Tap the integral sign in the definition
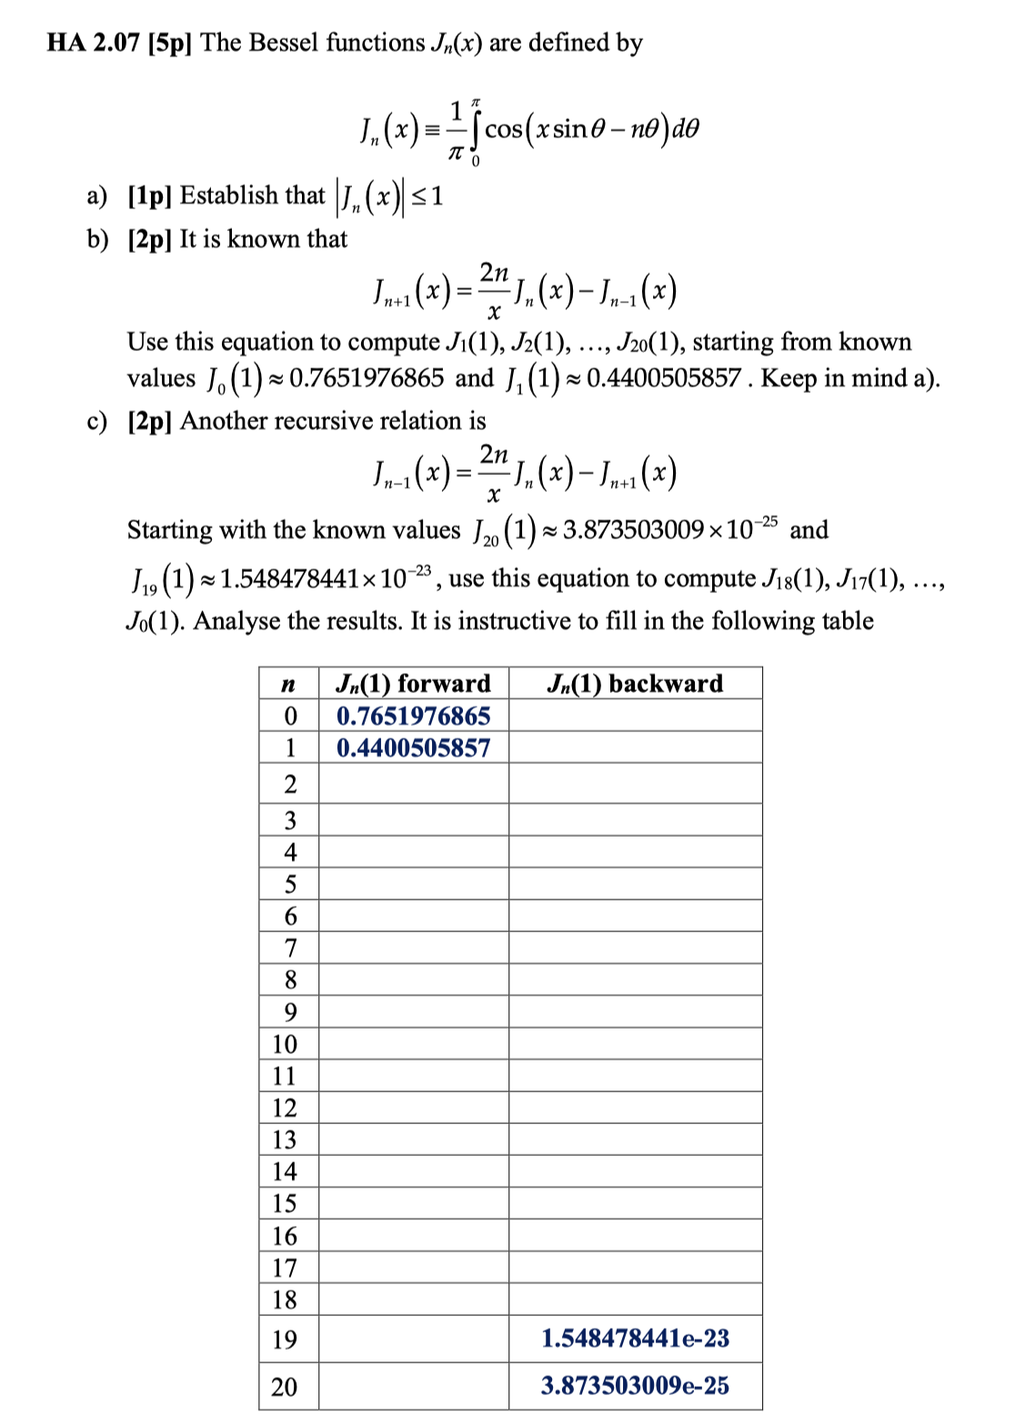tap(474, 130)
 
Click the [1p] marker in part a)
tap(150, 196)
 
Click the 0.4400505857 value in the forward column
tap(413, 748)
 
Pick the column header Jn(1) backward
tap(635, 683)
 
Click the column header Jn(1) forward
tap(413, 683)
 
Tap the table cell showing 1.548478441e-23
tap(635, 1338)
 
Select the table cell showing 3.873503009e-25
tap(635, 1385)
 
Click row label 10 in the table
tap(285, 1044)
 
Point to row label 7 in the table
tap(290, 949)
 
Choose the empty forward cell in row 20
tap(413, 1386)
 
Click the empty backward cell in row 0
tap(635, 716)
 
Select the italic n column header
tap(289, 684)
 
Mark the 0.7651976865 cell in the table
tap(413, 716)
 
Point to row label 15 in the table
tap(285, 1203)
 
